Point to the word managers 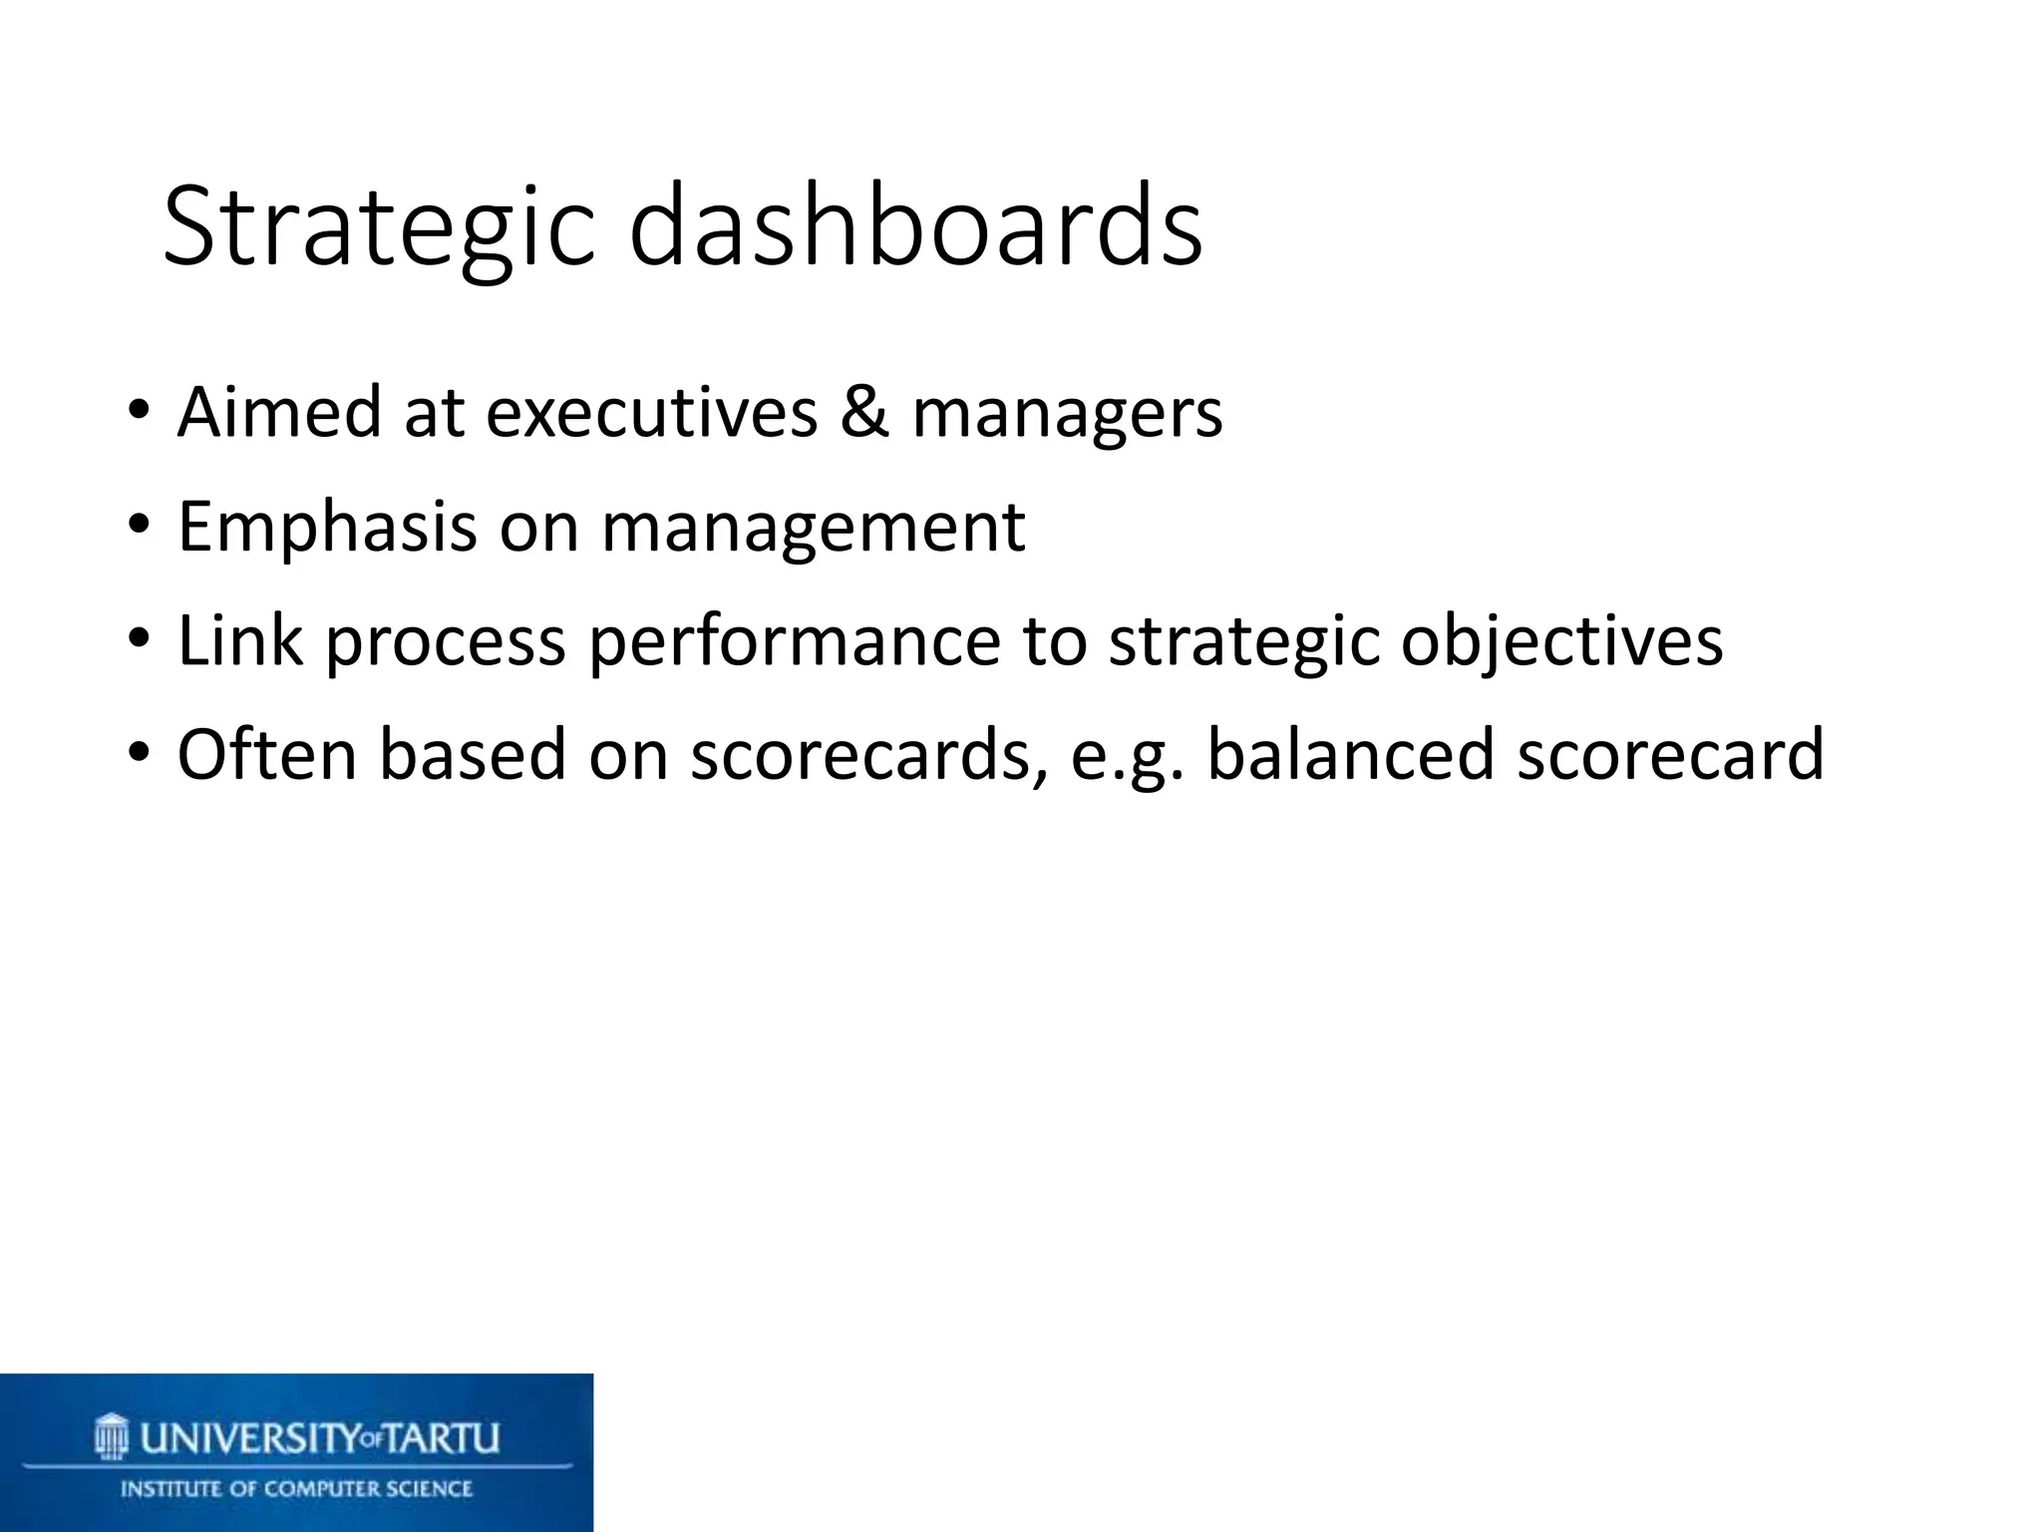(x=1067, y=414)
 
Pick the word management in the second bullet (x=813, y=529)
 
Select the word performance (x=794, y=641)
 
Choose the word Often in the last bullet (x=266, y=754)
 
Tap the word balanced (x=1350, y=754)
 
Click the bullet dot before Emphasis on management (x=139, y=525)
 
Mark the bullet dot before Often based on (x=139, y=751)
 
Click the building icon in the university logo (x=112, y=1436)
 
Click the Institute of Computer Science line (x=296, y=1489)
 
